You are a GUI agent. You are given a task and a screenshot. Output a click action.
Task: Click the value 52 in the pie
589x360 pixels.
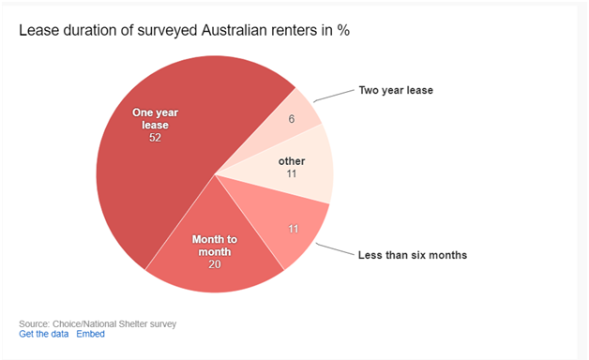pyautogui.click(x=155, y=138)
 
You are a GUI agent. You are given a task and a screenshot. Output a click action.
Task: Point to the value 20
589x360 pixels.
pyautogui.click(x=215, y=265)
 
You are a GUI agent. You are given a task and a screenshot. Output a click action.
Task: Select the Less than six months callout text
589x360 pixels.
pyautogui.click(x=412, y=255)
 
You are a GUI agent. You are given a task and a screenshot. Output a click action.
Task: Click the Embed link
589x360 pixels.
pyautogui.click(x=90, y=334)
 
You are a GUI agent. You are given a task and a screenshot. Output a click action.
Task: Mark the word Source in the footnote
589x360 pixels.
pyautogui.click(x=34, y=323)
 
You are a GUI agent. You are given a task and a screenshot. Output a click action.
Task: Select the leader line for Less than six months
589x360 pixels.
pyautogui.click(x=334, y=247)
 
